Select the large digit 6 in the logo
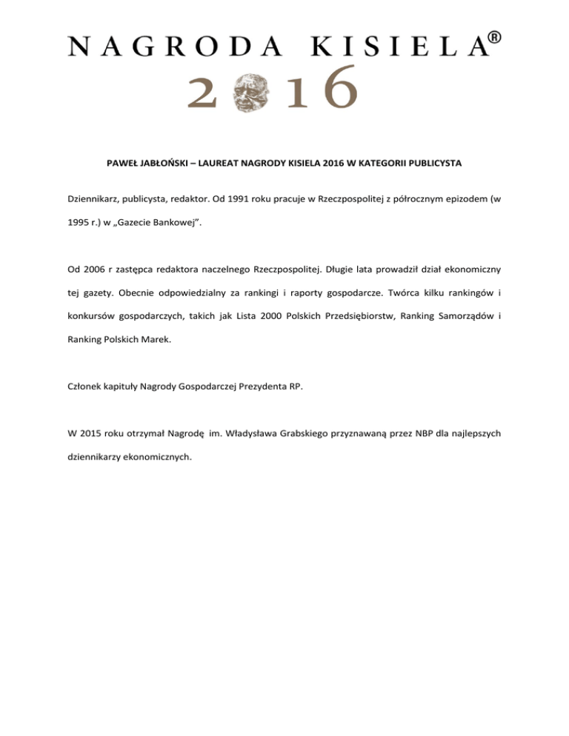click(339, 87)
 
